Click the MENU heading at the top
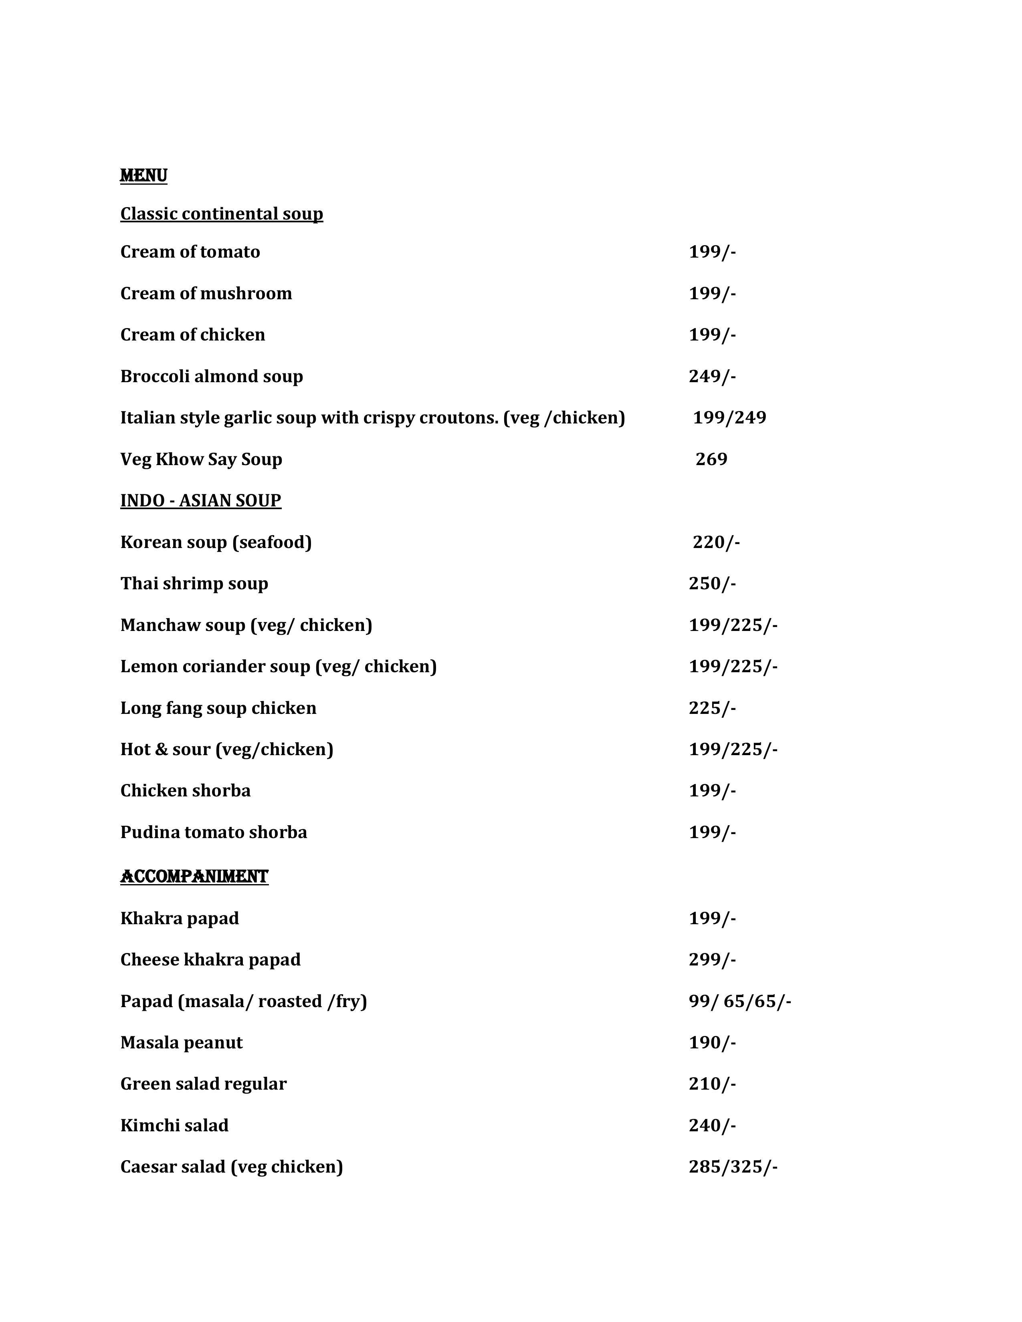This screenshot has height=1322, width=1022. coord(143,175)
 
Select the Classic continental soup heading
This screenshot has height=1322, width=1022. coord(222,214)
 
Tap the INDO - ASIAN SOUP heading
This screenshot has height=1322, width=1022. coord(200,501)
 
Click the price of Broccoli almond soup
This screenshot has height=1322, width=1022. coord(712,377)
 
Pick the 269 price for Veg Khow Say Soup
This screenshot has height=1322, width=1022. coord(711,459)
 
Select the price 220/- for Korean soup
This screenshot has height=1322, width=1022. coord(716,542)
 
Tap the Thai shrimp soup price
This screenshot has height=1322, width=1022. coord(712,584)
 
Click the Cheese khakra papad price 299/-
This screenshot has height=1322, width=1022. coord(712,960)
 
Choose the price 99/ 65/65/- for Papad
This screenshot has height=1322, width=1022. coord(739,1001)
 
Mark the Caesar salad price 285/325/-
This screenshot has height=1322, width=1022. coord(733,1167)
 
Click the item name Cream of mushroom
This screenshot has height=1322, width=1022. coord(206,294)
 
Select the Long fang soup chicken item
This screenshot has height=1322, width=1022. coord(218,708)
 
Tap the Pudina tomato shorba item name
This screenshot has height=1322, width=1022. coord(214,832)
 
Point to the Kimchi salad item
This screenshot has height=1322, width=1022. coord(174,1125)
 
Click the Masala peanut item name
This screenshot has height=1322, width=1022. coord(181,1042)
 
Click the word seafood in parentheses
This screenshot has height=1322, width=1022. coord(272,542)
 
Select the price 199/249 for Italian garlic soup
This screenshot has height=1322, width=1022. coord(729,418)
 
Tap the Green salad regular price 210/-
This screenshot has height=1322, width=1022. coord(712,1084)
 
